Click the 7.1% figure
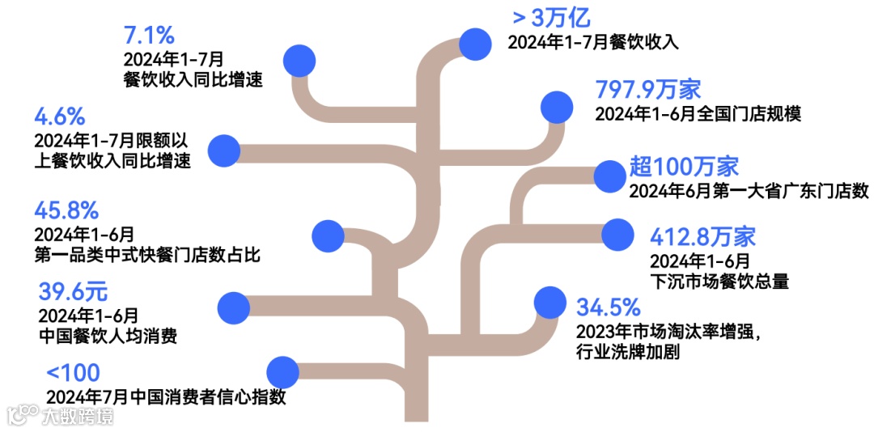pos(149,36)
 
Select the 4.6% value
pos(61,116)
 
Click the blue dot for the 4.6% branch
pos(224,150)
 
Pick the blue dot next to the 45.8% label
pos(327,235)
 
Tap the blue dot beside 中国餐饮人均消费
pos(235,307)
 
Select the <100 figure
pos(73,373)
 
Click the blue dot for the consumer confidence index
pos(282,371)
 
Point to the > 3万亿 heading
pos(551,16)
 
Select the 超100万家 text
pos(684,167)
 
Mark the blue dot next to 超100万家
pos(609,175)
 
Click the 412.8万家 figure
pos(702,237)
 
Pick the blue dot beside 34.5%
pos(550,302)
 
